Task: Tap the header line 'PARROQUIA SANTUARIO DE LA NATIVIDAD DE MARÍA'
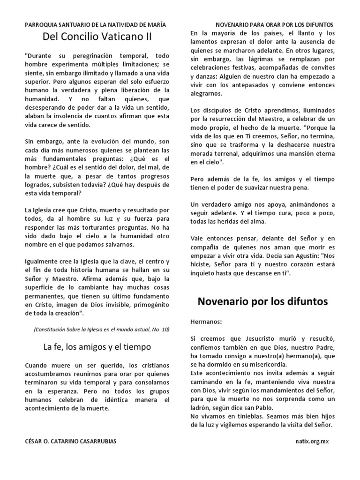95,24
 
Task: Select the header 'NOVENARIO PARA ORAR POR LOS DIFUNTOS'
274,24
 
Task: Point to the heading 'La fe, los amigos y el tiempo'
97,347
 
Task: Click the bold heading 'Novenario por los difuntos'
269,301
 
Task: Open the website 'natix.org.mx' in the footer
312,442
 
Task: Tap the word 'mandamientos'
286,390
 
